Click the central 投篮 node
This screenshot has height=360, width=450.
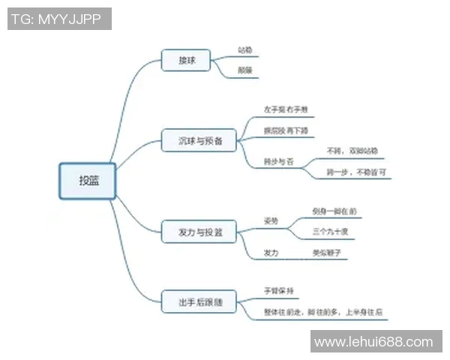(x=88, y=181)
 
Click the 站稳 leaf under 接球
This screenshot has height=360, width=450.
(x=244, y=50)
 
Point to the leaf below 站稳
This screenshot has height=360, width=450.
(x=244, y=70)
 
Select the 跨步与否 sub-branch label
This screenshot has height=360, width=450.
(x=279, y=160)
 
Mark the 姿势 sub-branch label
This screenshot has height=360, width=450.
(x=271, y=222)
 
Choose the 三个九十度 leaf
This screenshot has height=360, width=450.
(x=331, y=232)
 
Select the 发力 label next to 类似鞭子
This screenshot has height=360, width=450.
(x=271, y=253)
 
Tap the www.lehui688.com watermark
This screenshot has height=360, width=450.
(x=373, y=342)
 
